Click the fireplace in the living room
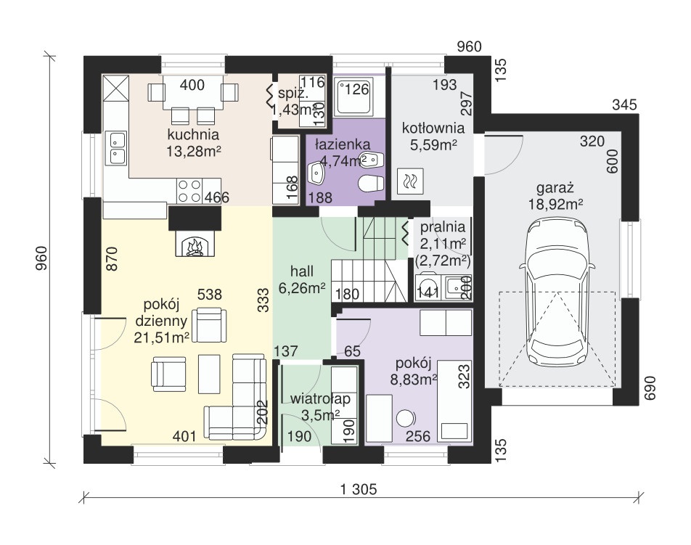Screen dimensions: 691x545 click(x=195, y=244)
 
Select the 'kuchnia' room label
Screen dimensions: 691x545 click(x=193, y=134)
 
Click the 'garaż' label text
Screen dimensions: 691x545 click(x=555, y=188)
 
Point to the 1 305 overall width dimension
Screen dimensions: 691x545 click(x=359, y=490)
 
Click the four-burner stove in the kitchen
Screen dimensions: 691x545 click(x=189, y=191)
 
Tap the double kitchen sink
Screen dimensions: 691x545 click(x=116, y=147)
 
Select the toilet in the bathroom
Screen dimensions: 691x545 click(x=370, y=184)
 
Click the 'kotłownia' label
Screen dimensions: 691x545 click(x=433, y=128)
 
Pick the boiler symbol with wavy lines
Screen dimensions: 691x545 click(x=410, y=181)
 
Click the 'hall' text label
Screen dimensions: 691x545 click(x=302, y=271)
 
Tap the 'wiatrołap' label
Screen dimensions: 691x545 click(x=320, y=398)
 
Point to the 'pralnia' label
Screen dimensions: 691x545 click(x=443, y=227)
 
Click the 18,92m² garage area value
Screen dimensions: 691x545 click(x=555, y=204)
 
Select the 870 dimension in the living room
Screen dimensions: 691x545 click(x=113, y=258)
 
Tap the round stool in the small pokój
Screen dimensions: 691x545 click(x=406, y=419)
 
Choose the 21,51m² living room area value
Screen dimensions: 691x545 click(x=162, y=337)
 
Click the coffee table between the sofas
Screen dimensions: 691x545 click(x=209, y=374)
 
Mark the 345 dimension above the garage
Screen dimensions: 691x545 click(x=625, y=105)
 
